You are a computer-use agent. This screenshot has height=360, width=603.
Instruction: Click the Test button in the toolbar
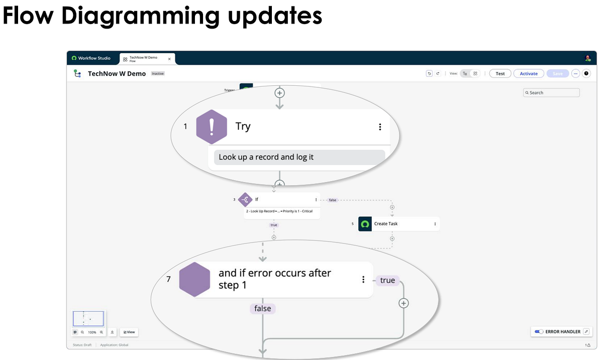pyautogui.click(x=500, y=73)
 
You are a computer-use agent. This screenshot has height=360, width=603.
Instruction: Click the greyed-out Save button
pyautogui.click(x=558, y=73)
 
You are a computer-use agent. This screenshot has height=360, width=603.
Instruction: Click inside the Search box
pyautogui.click(x=552, y=93)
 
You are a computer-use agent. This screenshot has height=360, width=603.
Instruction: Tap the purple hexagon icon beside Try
pyautogui.click(x=212, y=127)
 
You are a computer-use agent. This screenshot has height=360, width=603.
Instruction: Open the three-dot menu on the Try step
pyautogui.click(x=380, y=127)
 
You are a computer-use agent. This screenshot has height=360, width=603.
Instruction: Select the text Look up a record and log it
pyautogui.click(x=266, y=157)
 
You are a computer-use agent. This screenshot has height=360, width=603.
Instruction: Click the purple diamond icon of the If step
pyautogui.click(x=245, y=200)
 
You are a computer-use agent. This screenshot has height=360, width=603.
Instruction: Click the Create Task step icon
pyautogui.click(x=365, y=224)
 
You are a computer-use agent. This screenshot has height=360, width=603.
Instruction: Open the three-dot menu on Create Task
pyautogui.click(x=435, y=224)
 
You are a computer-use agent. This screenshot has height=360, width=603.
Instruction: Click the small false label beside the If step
pyautogui.click(x=333, y=200)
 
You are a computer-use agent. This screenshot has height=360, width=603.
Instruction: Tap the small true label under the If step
pyautogui.click(x=274, y=225)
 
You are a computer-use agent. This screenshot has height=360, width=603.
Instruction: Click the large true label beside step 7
pyautogui.click(x=387, y=281)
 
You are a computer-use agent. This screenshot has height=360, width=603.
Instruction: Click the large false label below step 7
pyautogui.click(x=263, y=309)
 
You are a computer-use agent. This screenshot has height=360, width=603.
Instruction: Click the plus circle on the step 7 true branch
pyautogui.click(x=404, y=303)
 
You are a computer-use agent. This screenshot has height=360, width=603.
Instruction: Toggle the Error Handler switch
pyautogui.click(x=539, y=332)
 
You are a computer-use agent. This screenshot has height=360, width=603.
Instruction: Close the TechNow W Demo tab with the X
pyautogui.click(x=169, y=59)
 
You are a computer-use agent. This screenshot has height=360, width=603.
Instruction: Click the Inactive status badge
pyautogui.click(x=158, y=74)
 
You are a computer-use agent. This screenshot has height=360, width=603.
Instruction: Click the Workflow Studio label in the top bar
pyautogui.click(x=94, y=58)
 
